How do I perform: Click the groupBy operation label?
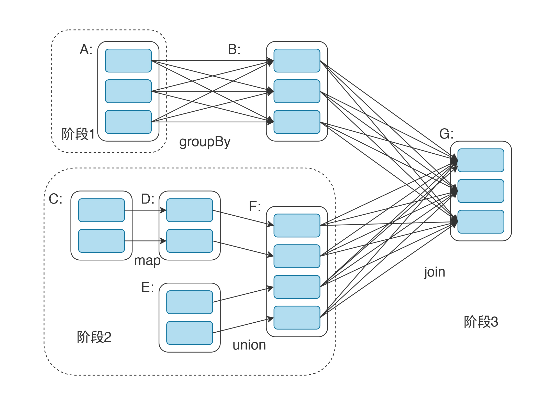tap(205, 142)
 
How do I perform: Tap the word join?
tap(435, 272)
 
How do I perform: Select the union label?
tap(249, 345)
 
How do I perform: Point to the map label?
tap(147, 261)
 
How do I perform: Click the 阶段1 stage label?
tap(78, 134)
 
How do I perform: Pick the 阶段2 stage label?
tap(94, 337)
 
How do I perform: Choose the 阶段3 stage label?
tap(481, 322)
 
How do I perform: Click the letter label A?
tap(86, 49)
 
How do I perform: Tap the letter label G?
tap(446, 134)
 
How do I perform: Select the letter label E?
tap(148, 287)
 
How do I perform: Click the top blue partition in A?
tap(128, 61)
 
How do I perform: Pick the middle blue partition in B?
tap(297, 91)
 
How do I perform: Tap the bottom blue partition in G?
tap(481, 222)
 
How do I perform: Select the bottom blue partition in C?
tap(101, 241)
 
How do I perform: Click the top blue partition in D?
tap(190, 210)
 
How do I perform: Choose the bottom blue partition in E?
tap(190, 333)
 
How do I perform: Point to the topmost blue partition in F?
tap(297, 226)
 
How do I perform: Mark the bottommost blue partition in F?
tap(297, 318)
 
